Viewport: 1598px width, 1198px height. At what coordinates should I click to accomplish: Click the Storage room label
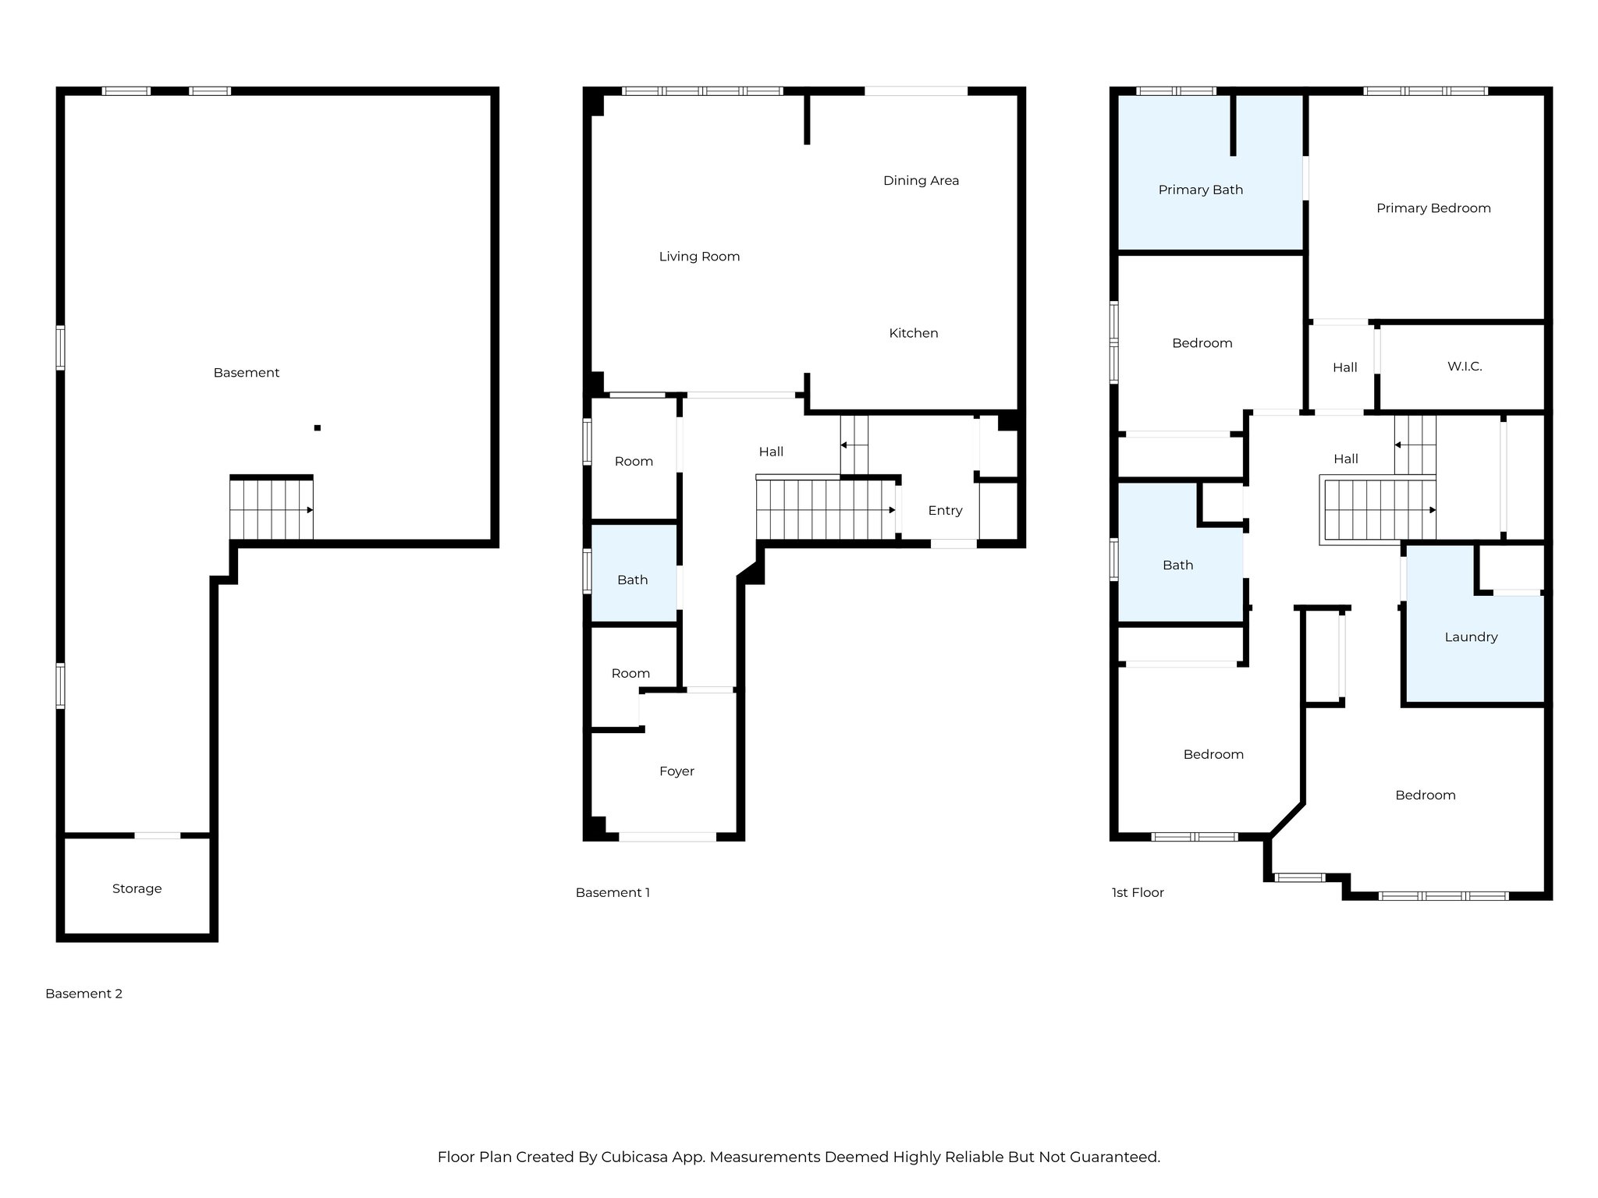click(x=137, y=888)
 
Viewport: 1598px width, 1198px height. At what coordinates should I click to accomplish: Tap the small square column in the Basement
click(x=318, y=427)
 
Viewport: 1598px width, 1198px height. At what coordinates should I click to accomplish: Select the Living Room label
click(x=699, y=257)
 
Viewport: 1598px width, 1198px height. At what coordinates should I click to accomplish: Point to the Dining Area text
click(x=921, y=181)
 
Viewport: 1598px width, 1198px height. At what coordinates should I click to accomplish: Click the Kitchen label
click(x=913, y=333)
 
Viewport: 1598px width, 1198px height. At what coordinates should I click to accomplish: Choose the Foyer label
click(x=676, y=771)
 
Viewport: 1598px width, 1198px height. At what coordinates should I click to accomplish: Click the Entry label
click(x=945, y=510)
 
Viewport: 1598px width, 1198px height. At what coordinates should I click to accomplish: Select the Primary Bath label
click(x=1200, y=190)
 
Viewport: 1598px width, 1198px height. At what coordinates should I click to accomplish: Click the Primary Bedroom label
click(x=1433, y=208)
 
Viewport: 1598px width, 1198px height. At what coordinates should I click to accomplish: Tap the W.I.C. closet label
click(x=1464, y=367)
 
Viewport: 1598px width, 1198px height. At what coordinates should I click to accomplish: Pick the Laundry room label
click(x=1471, y=637)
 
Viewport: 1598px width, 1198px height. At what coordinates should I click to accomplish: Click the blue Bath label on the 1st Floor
click(x=1177, y=565)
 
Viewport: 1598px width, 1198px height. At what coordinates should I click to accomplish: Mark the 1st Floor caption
click(x=1137, y=892)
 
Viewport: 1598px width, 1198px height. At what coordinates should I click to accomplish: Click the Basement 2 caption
click(x=83, y=994)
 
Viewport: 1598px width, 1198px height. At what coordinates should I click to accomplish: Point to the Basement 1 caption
click(x=613, y=892)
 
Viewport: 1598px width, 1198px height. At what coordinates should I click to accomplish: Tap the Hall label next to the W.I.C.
click(x=1344, y=367)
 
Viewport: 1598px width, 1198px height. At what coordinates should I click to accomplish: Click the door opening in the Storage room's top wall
click(x=158, y=835)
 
